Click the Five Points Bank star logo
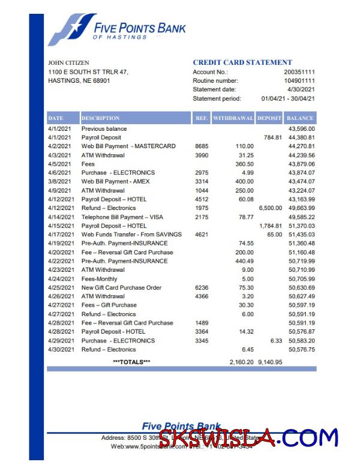pos(70,30)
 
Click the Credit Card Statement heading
pos(242,62)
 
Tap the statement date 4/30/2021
pos(304,89)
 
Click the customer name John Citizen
pos(68,62)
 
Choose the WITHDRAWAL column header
pos(233,118)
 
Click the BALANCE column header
pos(301,118)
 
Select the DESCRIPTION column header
pos(100,118)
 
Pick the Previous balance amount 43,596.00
pos(302,129)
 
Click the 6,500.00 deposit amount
pos(270,208)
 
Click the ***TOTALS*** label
pos(131,362)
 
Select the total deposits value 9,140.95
pos(270,362)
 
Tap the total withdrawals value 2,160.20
pos(241,362)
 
